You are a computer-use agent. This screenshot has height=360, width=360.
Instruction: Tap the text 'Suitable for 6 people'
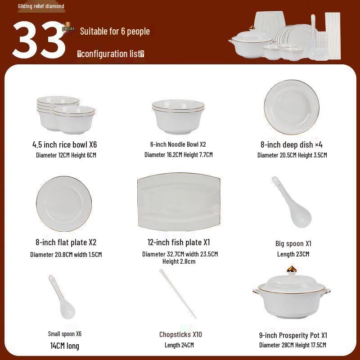pyautogui.click(x=115, y=31)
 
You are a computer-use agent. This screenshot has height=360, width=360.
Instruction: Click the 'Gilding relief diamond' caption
pyautogui.click(x=41, y=6)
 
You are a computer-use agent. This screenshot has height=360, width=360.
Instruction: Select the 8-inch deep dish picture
pyautogui.click(x=292, y=107)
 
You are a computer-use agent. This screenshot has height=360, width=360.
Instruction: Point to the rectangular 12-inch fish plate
pyautogui.click(x=179, y=201)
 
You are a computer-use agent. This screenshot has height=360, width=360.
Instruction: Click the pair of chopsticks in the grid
pyautogui.click(x=177, y=293)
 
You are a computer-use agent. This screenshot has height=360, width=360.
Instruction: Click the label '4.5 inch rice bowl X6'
pyautogui.click(x=65, y=145)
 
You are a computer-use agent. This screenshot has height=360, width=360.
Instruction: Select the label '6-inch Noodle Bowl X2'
pyautogui.click(x=178, y=144)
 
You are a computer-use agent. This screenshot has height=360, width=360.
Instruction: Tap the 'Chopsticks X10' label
pyautogui.click(x=180, y=334)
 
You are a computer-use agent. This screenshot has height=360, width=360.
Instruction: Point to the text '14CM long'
pyautogui.click(x=65, y=346)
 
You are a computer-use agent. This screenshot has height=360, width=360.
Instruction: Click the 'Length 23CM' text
pyautogui.click(x=293, y=254)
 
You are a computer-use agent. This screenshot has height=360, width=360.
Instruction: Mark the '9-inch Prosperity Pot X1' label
pyautogui.click(x=293, y=335)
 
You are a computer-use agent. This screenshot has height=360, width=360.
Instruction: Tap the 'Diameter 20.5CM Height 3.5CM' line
pyautogui.click(x=292, y=155)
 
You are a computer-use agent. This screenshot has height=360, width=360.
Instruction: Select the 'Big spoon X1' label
pyautogui.click(x=293, y=243)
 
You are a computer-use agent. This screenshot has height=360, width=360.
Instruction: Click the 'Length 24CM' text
pyautogui.click(x=179, y=345)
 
